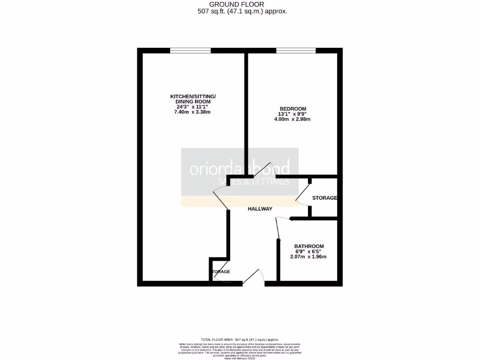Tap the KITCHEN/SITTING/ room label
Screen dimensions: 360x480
193,97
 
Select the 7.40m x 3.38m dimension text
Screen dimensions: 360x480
193,112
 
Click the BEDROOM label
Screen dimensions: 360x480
292,108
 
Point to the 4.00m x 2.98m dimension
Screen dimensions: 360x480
292,119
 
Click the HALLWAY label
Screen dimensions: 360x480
260,209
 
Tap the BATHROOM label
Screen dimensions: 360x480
309,246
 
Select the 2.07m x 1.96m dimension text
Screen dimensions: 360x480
309,256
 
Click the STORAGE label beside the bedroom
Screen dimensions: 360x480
324,198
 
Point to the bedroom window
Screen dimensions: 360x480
296,51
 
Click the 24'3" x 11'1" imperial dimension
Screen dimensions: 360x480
193,107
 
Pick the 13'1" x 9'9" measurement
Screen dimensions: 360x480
292,114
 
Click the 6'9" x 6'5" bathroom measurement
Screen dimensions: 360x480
309,251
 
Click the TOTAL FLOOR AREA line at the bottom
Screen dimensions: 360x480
240,339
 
